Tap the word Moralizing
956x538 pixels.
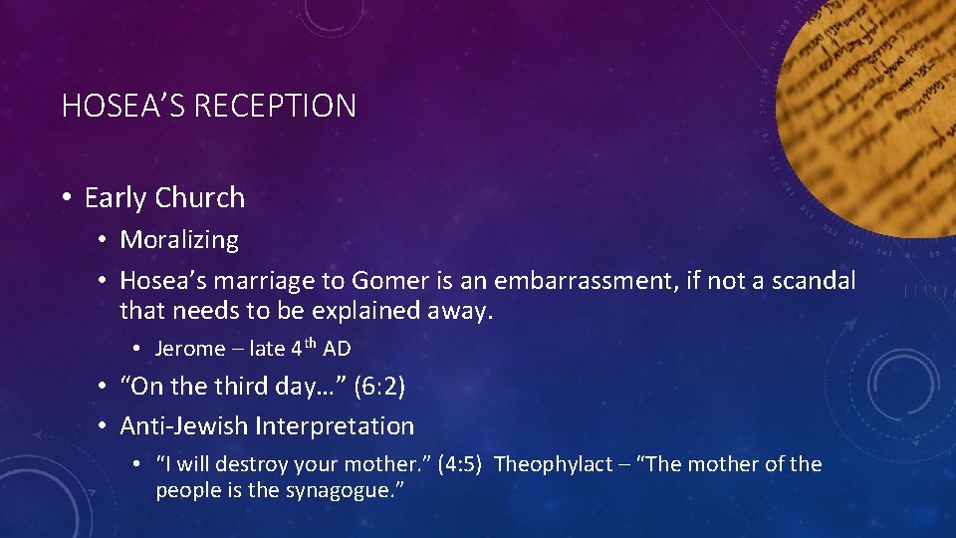[x=179, y=240]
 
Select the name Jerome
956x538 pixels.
[x=190, y=350]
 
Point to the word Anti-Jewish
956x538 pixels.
[x=184, y=426]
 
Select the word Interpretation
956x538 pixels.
[x=335, y=426]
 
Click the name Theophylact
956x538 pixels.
[x=554, y=464]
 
